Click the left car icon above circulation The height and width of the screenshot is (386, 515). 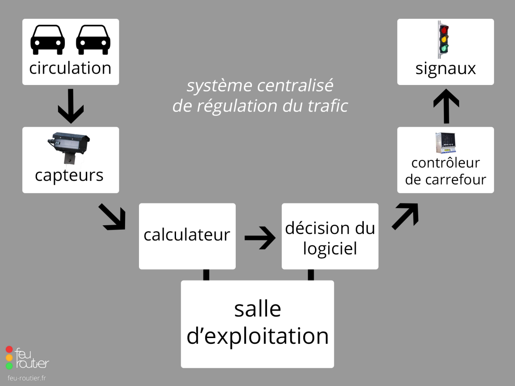click(x=47, y=40)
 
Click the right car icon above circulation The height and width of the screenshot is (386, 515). click(x=93, y=40)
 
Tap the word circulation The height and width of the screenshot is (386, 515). click(x=71, y=68)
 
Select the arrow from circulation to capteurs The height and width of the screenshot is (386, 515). click(x=71, y=106)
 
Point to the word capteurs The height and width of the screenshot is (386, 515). click(x=69, y=175)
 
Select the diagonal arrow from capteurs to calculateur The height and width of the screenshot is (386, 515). click(x=112, y=217)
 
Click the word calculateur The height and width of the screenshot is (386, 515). click(x=187, y=235)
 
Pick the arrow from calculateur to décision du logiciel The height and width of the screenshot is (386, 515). click(x=260, y=238)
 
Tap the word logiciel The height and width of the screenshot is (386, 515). click(x=330, y=248)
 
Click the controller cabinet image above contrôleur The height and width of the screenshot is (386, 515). click(x=445, y=143)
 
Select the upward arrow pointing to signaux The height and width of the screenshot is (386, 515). click(x=446, y=106)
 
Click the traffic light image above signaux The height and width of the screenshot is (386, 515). click(x=444, y=39)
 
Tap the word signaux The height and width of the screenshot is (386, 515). click(x=445, y=69)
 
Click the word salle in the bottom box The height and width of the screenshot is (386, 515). click(x=257, y=309)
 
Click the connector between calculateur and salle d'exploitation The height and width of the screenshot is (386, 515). click(x=206, y=275)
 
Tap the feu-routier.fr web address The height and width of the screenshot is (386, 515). click(x=27, y=378)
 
